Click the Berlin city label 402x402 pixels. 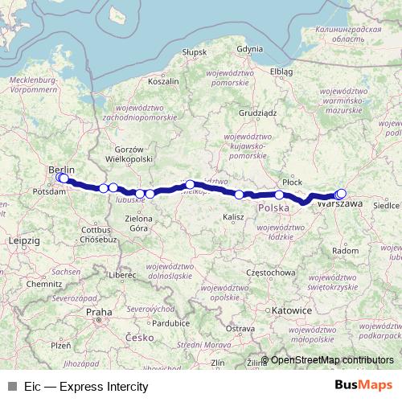(x=61, y=170)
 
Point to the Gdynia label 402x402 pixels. (x=249, y=49)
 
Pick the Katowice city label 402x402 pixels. (x=292, y=310)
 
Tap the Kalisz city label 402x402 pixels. (x=234, y=217)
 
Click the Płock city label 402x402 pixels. (x=293, y=183)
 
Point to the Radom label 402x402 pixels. (x=345, y=251)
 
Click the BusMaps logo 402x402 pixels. (x=363, y=385)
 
